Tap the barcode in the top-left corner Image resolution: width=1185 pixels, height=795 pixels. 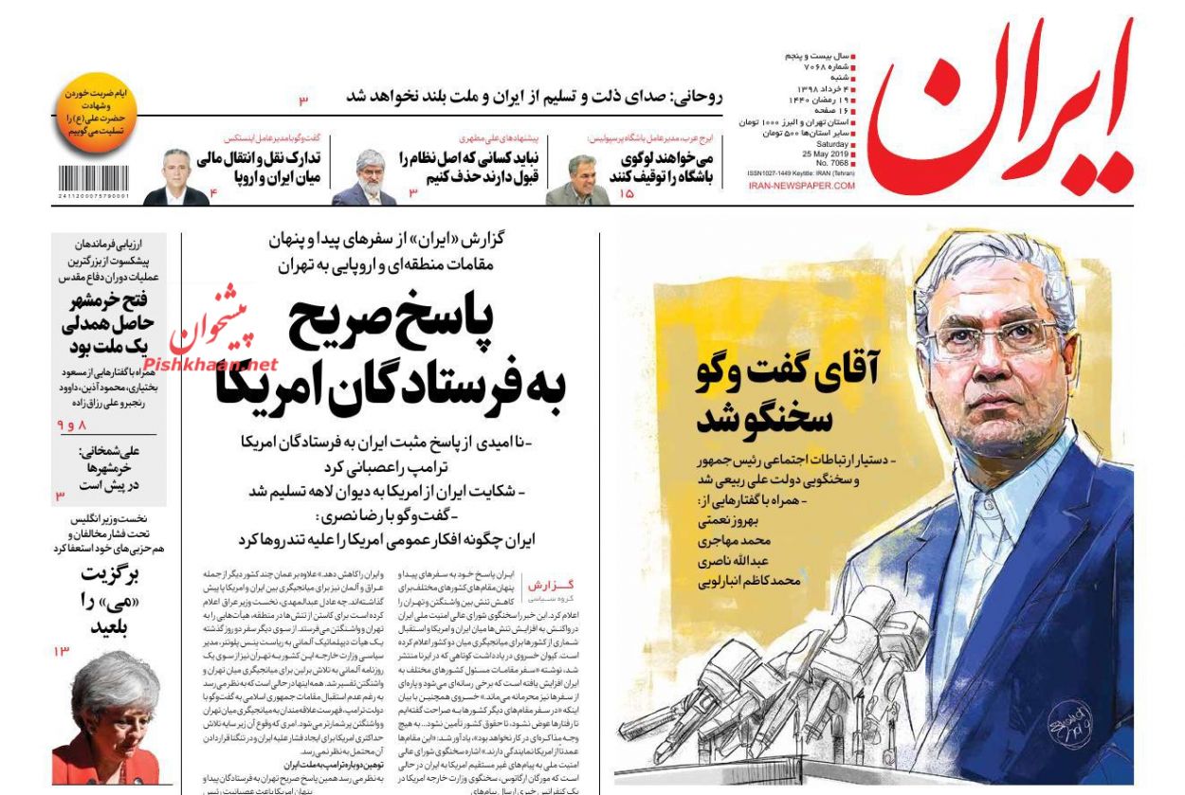pyautogui.click(x=93, y=180)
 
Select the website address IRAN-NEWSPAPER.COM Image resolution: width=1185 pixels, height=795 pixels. pyautogui.click(x=801, y=187)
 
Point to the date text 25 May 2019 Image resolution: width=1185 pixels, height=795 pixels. pyautogui.click(x=829, y=154)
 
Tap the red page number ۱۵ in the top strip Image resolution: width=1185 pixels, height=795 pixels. pyautogui.click(x=627, y=193)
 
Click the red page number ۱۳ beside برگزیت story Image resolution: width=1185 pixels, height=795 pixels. pyautogui.click(x=63, y=652)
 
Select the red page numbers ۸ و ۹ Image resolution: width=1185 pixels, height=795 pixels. pyautogui.click(x=72, y=425)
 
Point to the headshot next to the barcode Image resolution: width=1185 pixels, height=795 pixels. pyautogui.click(x=176, y=177)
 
